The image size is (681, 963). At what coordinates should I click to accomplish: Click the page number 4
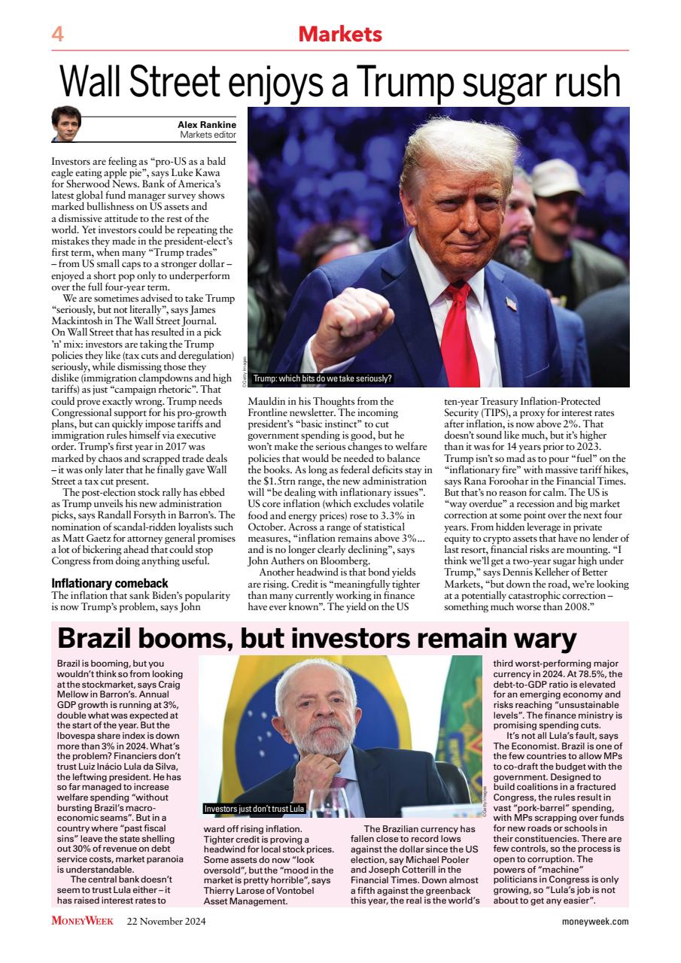click(x=57, y=35)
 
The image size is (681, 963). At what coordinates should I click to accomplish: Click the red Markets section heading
click(x=340, y=34)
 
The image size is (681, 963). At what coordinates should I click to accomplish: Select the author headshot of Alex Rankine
click(x=65, y=124)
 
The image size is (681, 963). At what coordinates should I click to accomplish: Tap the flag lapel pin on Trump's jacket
click(x=512, y=304)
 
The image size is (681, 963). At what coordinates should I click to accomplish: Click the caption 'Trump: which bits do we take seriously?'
click(x=322, y=378)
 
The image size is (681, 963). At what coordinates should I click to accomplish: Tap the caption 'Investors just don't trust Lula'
click(x=254, y=809)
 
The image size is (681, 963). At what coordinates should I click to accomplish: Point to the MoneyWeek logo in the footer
click(x=83, y=921)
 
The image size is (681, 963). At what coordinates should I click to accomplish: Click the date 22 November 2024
click(x=166, y=921)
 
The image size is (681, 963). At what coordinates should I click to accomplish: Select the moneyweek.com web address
click(x=594, y=921)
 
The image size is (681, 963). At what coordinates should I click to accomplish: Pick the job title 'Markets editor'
click(x=208, y=135)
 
